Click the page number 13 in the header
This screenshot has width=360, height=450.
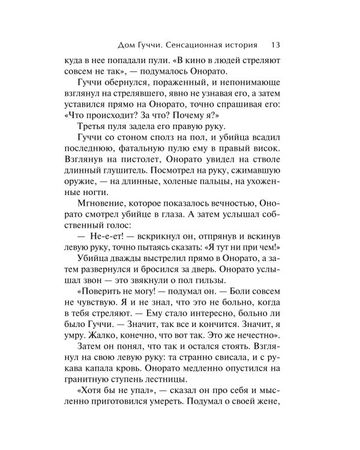point(277,44)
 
